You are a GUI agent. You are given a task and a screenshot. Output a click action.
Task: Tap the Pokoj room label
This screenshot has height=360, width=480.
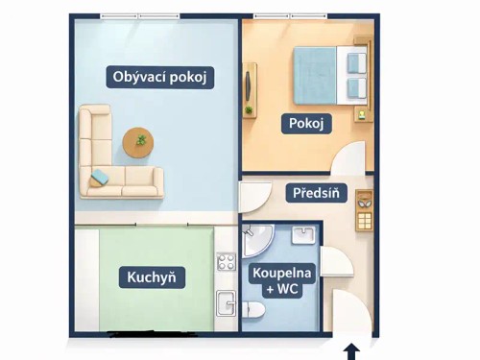click(x=306, y=123)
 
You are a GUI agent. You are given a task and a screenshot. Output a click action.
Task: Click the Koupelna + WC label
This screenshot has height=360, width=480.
click(x=280, y=279)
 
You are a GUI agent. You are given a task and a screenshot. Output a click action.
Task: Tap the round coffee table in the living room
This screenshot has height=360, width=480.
click(x=140, y=143)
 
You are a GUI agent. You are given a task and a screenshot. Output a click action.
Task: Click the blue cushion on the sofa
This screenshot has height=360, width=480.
click(x=100, y=177)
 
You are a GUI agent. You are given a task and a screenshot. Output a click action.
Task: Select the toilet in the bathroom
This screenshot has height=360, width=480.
click(x=253, y=309)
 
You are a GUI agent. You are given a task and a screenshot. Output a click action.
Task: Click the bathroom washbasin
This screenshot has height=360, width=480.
click(x=302, y=236)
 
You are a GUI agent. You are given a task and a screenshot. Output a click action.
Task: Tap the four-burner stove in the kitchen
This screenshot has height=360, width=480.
click(x=227, y=260)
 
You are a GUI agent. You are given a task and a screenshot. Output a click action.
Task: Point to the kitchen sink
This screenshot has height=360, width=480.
click(x=227, y=302)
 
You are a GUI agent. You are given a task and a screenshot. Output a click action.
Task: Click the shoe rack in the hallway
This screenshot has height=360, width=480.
click(x=364, y=214)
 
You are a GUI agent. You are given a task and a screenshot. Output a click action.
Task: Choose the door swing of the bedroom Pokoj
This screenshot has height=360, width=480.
click(x=349, y=158)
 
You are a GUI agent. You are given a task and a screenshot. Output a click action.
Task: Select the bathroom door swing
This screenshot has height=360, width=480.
click(x=335, y=262)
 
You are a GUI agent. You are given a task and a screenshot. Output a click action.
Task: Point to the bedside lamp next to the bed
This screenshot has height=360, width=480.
click(x=361, y=47)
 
